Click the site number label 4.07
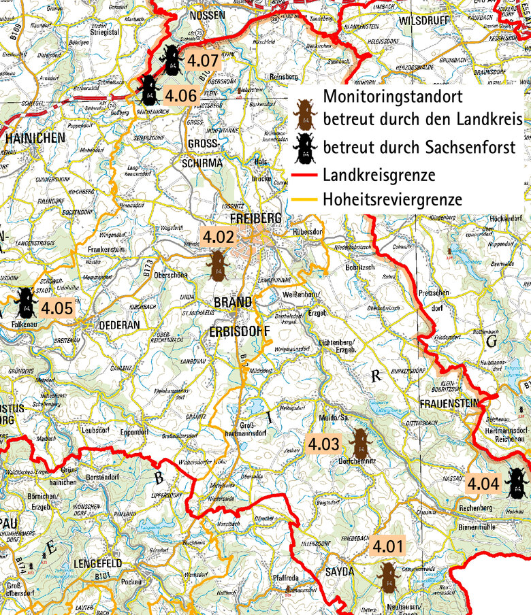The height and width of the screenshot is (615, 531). tap(202, 60)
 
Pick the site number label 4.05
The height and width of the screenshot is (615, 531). tap(56, 307)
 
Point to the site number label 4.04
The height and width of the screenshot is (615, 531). tap(483, 484)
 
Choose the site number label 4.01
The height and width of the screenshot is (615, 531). tap(388, 546)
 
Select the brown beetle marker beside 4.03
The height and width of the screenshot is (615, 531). tap(357, 444)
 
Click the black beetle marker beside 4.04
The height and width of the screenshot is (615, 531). tap(517, 483)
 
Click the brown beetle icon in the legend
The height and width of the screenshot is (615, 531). tap(305, 113)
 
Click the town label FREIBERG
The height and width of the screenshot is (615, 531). tap(255, 219)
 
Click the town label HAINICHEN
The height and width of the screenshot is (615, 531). tap(35, 137)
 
